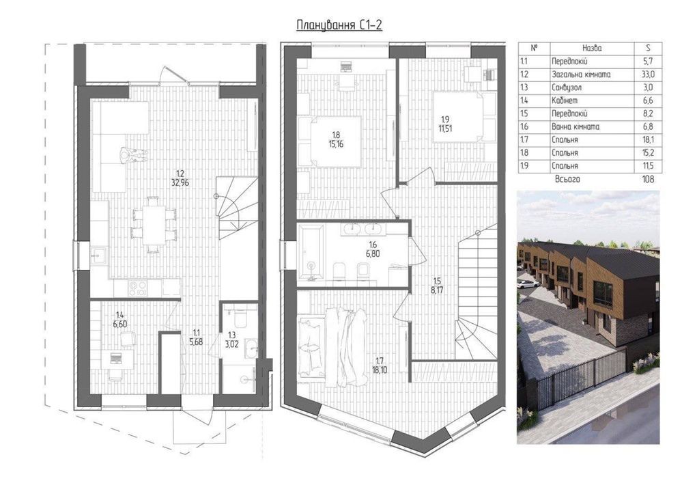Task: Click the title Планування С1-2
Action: (339, 25)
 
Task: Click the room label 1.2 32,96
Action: (180, 179)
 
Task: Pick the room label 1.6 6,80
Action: (373, 249)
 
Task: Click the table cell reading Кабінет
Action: (565, 100)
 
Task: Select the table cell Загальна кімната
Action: (581, 74)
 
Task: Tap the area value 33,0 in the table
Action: (648, 74)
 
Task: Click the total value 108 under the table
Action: (648, 179)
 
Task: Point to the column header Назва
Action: (592, 49)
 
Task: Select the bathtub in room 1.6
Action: (311, 251)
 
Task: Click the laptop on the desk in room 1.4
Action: (116, 358)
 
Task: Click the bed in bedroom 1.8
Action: (335, 142)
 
